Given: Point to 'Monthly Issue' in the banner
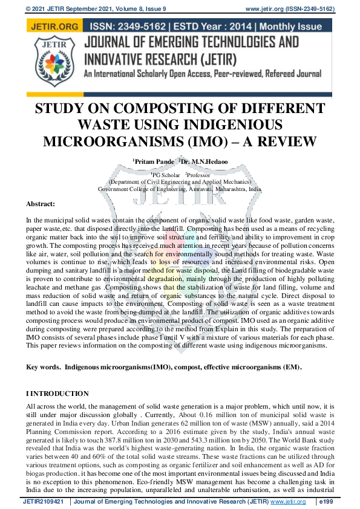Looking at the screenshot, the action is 293,27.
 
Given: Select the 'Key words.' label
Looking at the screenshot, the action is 43,368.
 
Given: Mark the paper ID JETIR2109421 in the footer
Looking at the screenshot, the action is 45,502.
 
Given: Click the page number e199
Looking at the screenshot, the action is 342,502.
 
